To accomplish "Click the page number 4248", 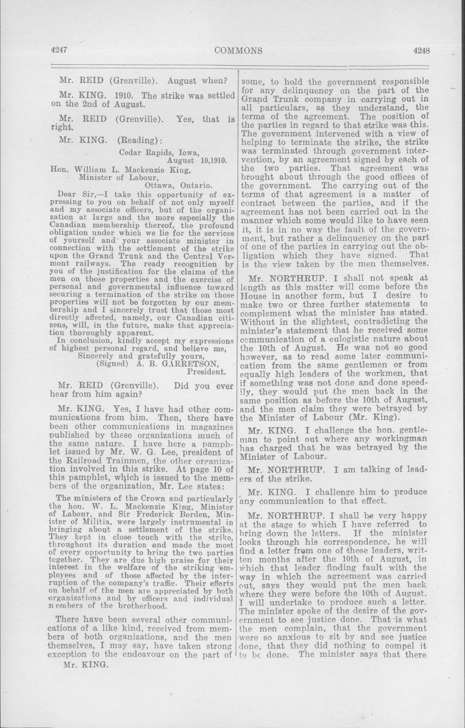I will (422, 50).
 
